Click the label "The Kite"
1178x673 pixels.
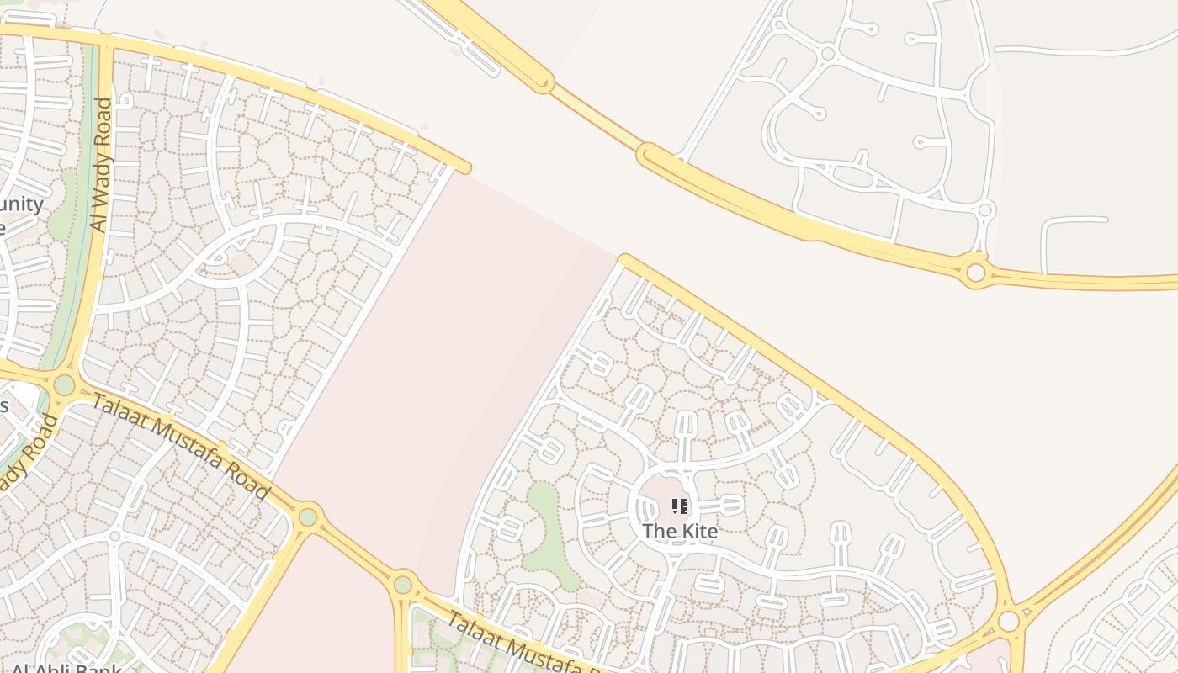point(680,532)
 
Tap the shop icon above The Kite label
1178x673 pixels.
point(680,506)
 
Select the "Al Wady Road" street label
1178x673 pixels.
point(101,165)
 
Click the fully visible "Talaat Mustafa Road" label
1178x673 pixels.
point(180,445)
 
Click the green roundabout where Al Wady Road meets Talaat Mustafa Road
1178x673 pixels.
point(64,385)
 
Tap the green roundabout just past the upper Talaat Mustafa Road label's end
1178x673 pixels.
point(308,517)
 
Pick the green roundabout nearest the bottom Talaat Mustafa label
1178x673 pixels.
point(403,584)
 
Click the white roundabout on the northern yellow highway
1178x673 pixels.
point(976,273)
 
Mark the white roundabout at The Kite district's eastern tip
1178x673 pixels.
point(1008,622)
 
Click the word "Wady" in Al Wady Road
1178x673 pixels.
point(100,168)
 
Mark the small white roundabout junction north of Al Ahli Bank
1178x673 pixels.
point(115,536)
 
